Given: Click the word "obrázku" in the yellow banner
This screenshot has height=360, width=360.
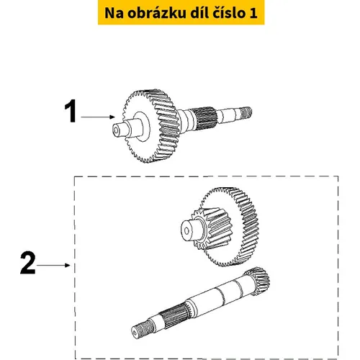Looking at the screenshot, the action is [157, 13].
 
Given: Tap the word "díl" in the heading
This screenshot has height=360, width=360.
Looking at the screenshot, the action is [199, 13].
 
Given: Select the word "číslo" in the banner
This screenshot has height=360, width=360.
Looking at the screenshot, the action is [228, 13].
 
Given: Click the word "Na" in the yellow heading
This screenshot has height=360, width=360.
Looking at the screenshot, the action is [114, 13].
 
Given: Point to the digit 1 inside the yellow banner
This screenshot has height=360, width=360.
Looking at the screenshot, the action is [253, 13].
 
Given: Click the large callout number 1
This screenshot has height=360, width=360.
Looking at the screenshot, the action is [71, 111].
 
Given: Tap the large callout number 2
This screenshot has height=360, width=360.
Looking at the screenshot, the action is [28, 263].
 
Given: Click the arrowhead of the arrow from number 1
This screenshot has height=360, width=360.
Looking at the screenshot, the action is [112, 117].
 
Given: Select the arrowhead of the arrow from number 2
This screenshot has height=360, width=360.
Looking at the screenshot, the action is [68, 265].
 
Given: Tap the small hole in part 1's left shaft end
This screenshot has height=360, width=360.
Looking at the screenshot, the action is [117, 130].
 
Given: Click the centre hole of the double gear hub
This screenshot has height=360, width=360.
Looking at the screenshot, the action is [186, 231].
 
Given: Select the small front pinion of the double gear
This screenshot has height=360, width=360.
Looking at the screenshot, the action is [211, 228].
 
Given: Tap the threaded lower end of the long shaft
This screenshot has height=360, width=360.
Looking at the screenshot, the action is [142, 329].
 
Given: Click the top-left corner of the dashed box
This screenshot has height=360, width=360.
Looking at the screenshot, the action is [74, 176].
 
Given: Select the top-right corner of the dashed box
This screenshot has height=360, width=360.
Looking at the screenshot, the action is [338, 176].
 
